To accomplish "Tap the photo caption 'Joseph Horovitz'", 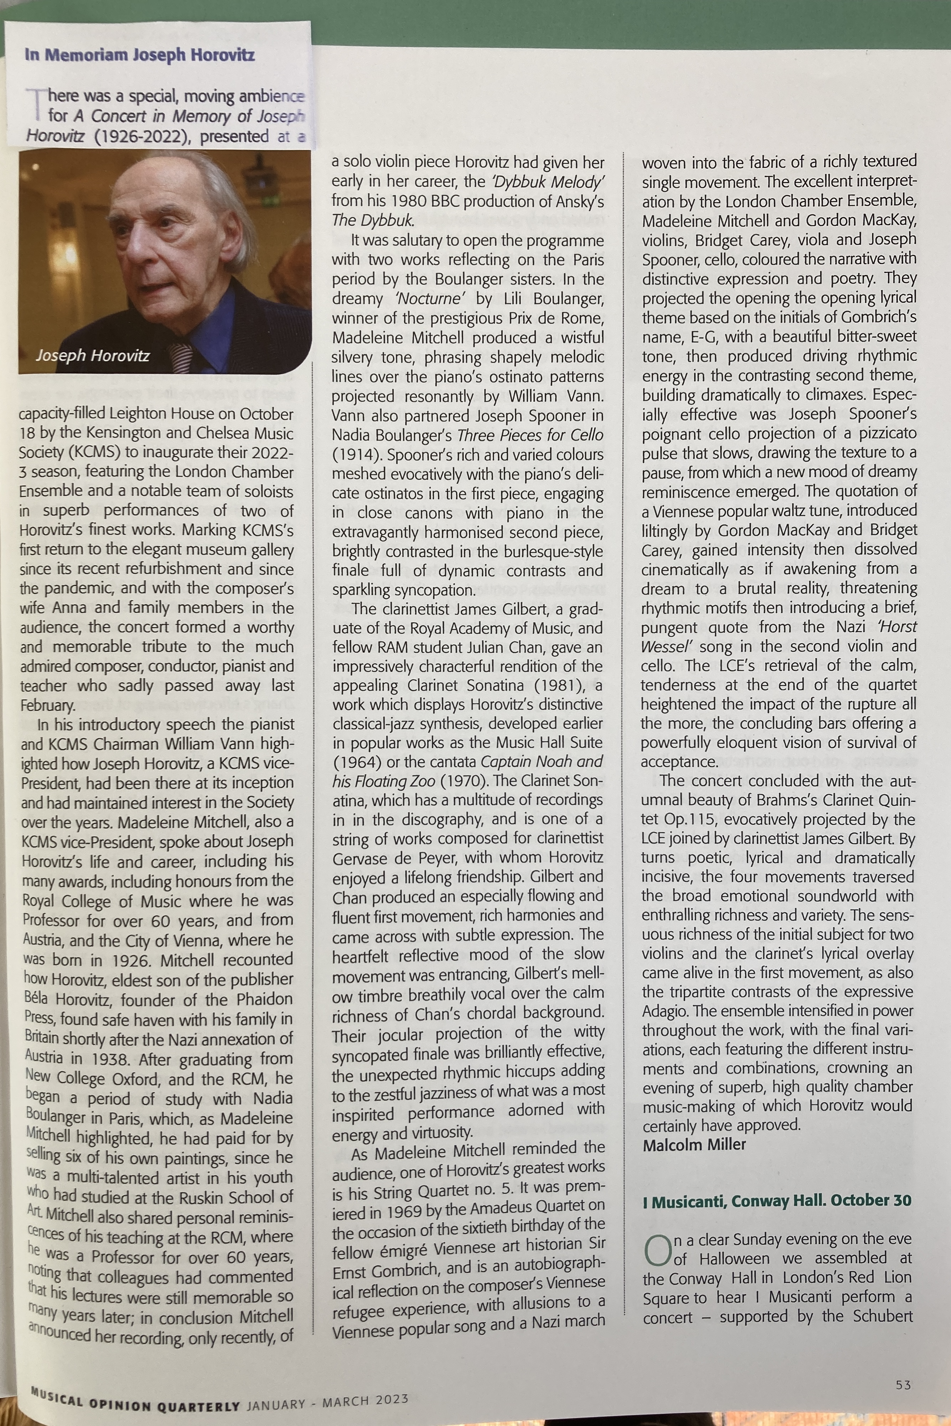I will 92,355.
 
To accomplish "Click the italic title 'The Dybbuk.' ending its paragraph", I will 372,220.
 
